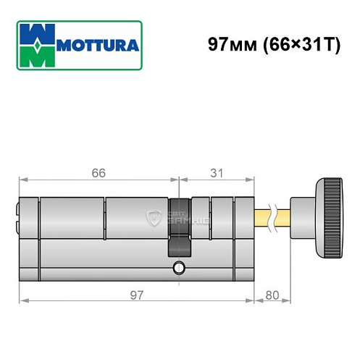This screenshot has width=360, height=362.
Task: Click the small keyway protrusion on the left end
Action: (17, 214)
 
